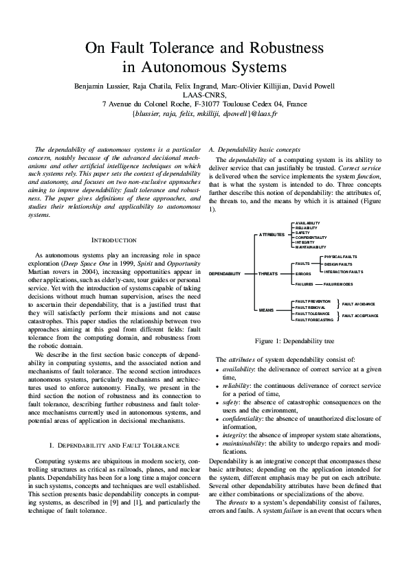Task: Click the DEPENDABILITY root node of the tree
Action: click(x=225, y=273)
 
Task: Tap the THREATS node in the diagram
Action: click(x=267, y=273)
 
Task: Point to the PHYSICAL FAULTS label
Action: click(x=340, y=256)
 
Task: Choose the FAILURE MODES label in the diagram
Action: click(x=338, y=284)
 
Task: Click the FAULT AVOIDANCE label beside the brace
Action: click(x=360, y=303)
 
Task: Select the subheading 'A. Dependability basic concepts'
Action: click(x=254, y=149)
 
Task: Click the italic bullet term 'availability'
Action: click(x=243, y=369)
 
